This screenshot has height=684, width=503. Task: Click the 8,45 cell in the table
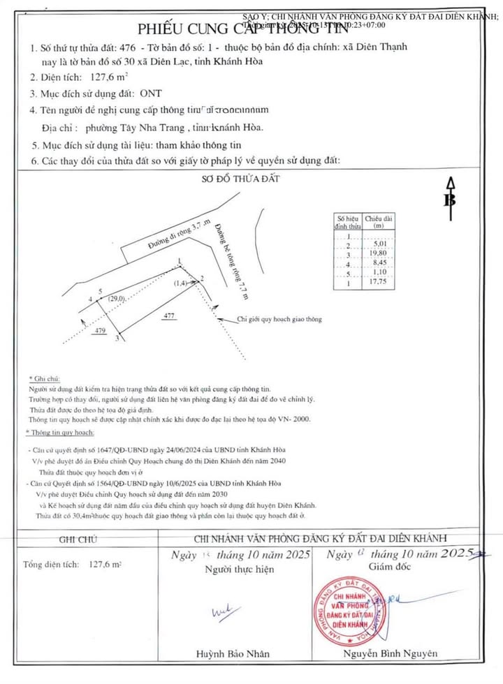coord(379,264)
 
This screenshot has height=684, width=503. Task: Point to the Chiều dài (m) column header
coord(379,222)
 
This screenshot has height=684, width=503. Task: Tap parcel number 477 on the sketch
coord(168,316)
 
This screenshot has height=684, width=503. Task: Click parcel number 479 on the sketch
coord(99,330)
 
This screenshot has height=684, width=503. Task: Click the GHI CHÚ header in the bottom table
coord(78,540)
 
